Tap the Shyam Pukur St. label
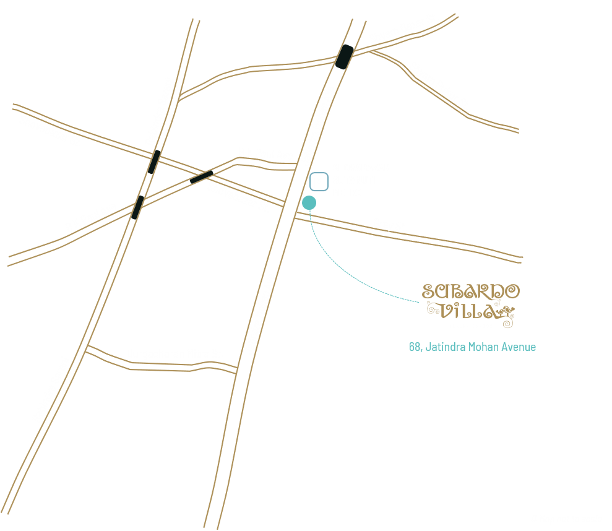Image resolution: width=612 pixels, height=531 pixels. (439, 85)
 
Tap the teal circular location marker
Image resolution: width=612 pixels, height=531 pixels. (309, 202)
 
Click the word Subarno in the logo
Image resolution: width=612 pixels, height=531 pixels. (471, 291)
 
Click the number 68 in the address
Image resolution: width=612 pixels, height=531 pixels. (415, 347)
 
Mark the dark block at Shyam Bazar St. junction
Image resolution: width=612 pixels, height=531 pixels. (345, 56)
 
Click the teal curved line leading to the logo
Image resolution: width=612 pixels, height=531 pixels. (347, 272)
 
